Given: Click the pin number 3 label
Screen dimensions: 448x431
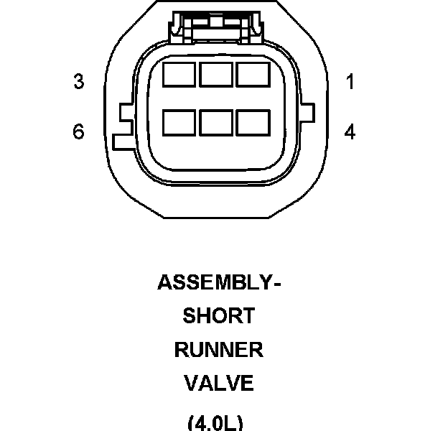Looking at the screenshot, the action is [78, 82].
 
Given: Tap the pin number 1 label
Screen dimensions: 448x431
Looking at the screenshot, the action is [350, 82].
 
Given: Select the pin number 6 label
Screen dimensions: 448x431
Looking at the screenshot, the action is [78, 132].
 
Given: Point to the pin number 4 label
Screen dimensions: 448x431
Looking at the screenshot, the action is [350, 132].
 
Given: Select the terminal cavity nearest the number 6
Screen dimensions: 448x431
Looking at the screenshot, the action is [179, 122].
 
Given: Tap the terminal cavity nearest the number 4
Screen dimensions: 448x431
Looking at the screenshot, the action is [253, 122].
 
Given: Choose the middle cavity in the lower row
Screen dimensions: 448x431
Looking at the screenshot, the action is [215, 122].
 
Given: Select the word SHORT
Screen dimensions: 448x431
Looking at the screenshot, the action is [219, 316].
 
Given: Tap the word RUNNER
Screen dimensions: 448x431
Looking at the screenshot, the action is [219, 350].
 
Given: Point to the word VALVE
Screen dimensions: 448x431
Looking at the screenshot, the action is [219, 384].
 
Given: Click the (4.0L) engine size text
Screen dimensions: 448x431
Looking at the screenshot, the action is [215, 422].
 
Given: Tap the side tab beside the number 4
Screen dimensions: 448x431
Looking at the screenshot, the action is [309, 113].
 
